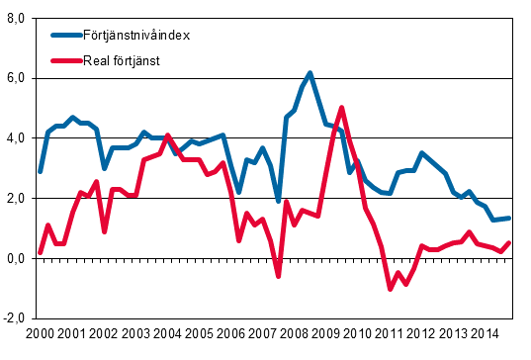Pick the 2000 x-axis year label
[x=41, y=336]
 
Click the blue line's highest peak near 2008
[x=310, y=73]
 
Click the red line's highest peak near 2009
[x=341, y=108]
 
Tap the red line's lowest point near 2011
[x=390, y=289]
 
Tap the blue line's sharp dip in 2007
[x=279, y=201]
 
